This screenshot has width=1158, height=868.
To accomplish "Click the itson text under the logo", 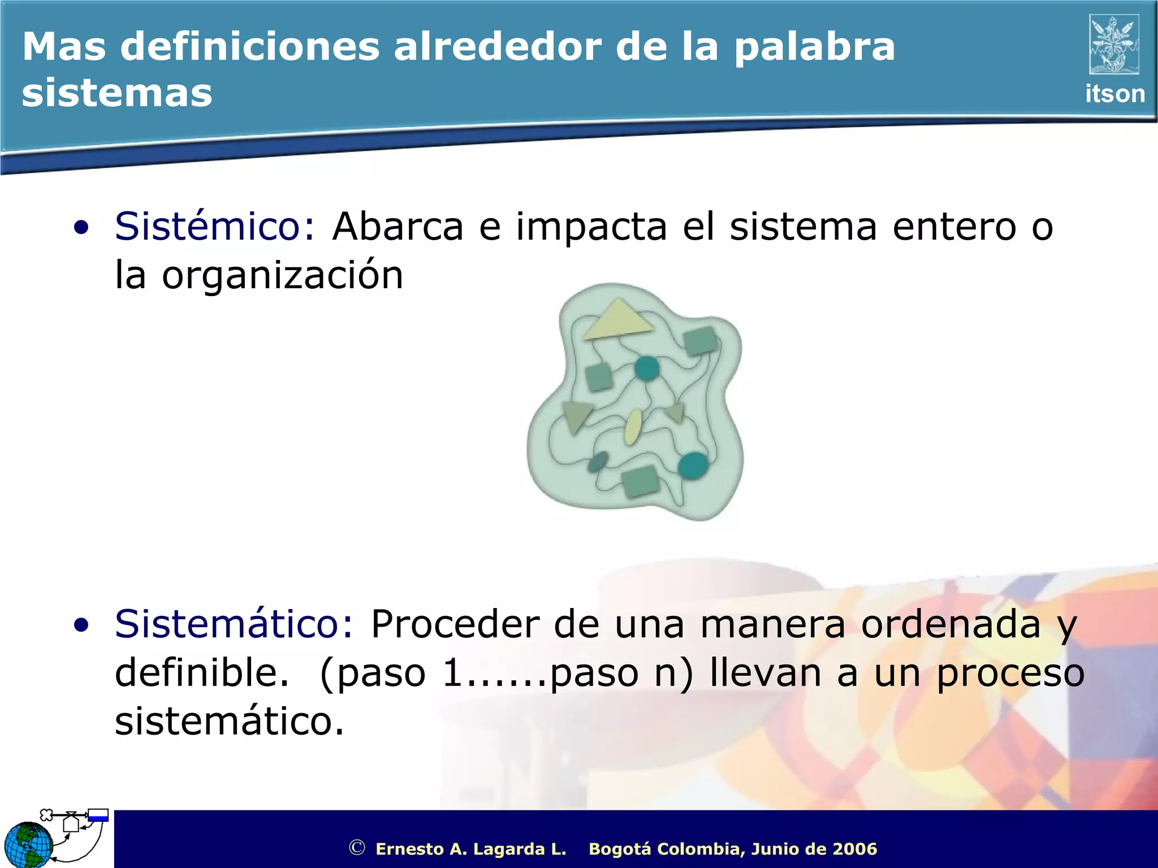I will tap(1114, 94).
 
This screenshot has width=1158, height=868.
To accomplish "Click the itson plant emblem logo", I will tap(1114, 45).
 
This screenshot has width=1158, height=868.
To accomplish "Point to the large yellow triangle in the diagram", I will tap(617, 322).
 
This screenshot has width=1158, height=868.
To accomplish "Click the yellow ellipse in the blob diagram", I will tap(633, 427).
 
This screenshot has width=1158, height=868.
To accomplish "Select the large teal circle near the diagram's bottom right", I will tap(693, 466).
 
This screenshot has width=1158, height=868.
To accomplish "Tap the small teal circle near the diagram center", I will tap(646, 368).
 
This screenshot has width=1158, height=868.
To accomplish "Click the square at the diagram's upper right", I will tap(701, 341).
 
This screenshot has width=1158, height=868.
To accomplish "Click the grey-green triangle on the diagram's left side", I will tap(576, 415).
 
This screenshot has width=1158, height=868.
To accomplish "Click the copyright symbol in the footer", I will tap(356, 848).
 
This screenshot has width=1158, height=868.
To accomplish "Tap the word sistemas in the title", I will tap(117, 93).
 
